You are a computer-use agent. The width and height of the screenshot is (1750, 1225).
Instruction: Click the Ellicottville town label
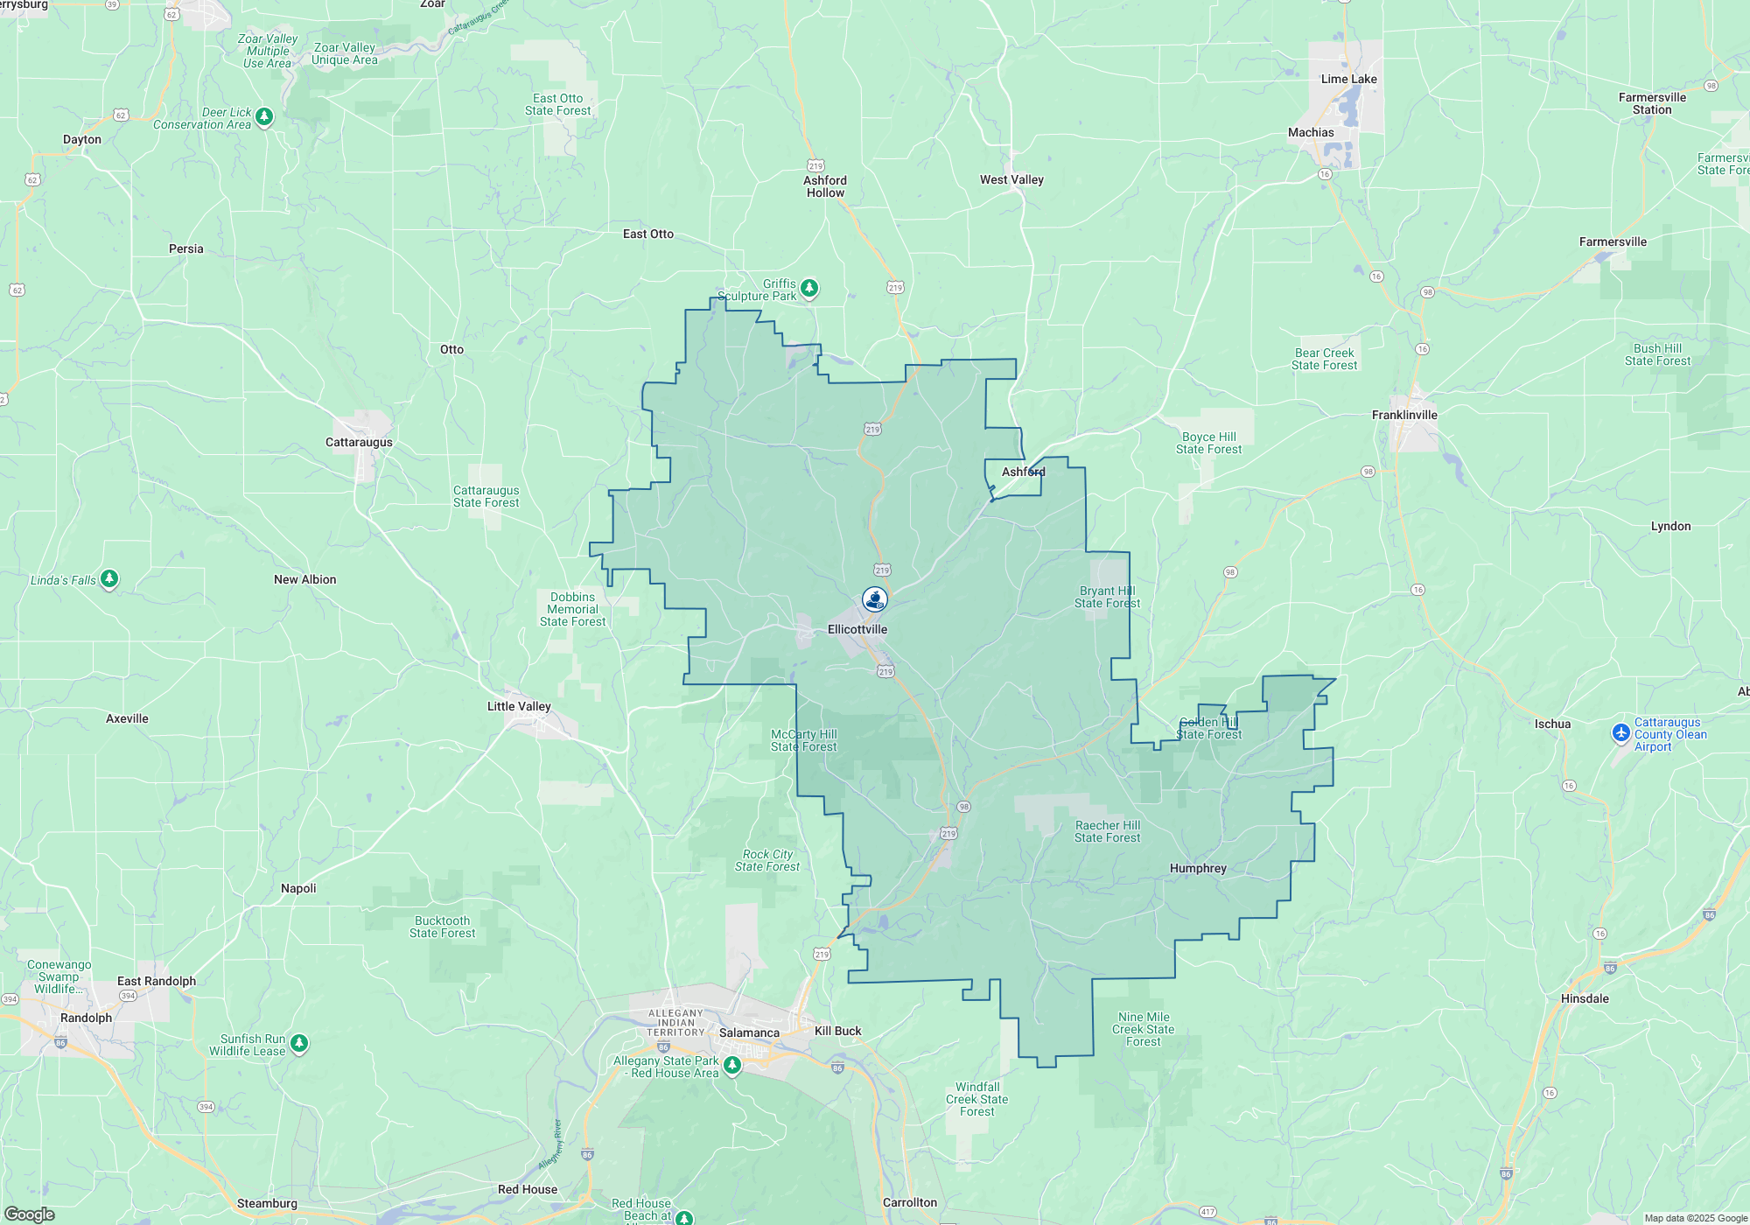[857, 629]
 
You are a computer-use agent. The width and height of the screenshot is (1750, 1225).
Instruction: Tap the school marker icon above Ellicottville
[874, 598]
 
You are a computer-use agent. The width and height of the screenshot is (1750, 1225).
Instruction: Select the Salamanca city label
[749, 1032]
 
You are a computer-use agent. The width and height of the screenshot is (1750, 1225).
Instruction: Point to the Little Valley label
[519, 706]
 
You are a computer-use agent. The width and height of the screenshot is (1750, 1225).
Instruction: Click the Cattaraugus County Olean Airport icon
[1621, 732]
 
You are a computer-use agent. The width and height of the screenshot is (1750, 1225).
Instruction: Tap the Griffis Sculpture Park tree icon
[809, 288]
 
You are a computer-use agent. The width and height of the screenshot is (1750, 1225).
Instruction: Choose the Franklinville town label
[1404, 415]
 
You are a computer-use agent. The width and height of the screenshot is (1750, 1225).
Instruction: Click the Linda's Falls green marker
[109, 578]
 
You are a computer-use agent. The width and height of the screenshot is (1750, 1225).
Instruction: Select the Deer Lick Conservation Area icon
[264, 116]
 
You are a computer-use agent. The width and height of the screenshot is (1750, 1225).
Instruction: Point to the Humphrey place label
[1198, 868]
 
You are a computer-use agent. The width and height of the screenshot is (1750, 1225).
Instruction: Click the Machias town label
[1311, 132]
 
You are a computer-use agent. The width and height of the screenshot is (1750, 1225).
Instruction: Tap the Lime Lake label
[1348, 79]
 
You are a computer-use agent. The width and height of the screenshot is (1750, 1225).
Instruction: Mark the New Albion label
[304, 579]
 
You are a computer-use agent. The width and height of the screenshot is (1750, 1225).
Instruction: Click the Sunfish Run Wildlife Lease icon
[299, 1043]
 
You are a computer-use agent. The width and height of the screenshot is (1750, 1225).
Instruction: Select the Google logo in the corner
[29, 1214]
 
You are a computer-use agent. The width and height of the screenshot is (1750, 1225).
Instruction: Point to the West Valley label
[1011, 179]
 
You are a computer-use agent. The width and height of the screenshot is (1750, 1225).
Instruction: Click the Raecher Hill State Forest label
[1107, 831]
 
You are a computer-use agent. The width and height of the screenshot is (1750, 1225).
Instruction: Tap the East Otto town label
[648, 234]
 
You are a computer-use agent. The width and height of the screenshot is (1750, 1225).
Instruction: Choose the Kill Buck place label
[837, 1031]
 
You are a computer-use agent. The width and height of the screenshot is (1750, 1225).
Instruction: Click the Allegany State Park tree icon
[732, 1065]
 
